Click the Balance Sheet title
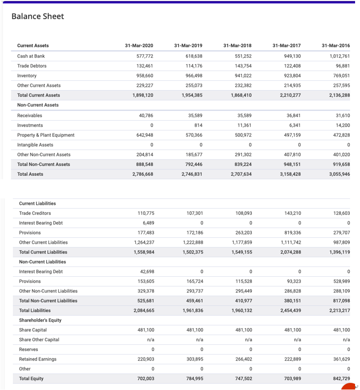[x=38, y=16]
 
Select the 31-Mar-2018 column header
[x=237, y=46]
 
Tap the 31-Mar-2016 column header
[x=335, y=46]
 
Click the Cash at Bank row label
[x=31, y=56]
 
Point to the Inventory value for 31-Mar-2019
[x=192, y=76]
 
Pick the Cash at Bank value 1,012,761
[x=339, y=56]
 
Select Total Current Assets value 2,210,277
[x=290, y=95]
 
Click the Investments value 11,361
[x=244, y=125]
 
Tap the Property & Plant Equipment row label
[x=46, y=135]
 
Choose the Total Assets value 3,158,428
[x=290, y=174]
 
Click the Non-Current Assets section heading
[x=38, y=105]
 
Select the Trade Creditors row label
[x=35, y=213]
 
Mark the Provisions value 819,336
[x=293, y=232]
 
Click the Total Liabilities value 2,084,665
[x=144, y=310]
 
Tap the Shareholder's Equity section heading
[x=40, y=320]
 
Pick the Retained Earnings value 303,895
[x=194, y=359]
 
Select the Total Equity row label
[x=31, y=379]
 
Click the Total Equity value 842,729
[x=340, y=379]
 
